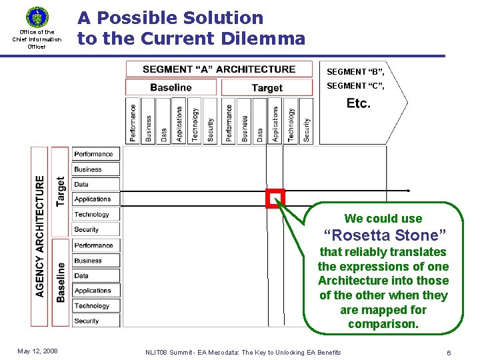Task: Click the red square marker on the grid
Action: click(275, 199)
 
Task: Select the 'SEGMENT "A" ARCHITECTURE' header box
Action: click(219, 69)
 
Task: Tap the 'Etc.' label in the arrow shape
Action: click(359, 103)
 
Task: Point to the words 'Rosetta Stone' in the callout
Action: click(385, 235)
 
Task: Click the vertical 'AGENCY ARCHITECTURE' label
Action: click(40, 236)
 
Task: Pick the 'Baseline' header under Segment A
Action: click(171, 87)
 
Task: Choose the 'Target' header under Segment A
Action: click(267, 88)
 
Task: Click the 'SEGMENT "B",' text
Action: click(355, 71)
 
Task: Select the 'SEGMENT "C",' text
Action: click(355, 85)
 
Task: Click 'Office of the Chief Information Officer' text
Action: click(37, 39)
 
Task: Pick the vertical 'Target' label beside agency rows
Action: click(61, 191)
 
